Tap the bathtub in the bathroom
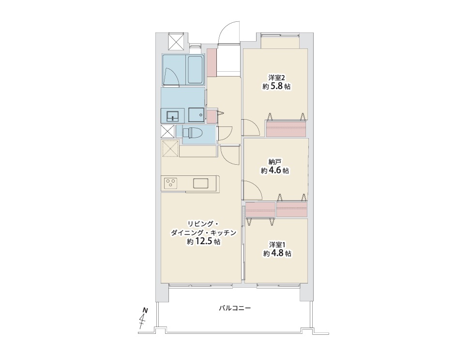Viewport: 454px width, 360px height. point(196,70)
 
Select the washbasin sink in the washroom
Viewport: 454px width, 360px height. point(173,116)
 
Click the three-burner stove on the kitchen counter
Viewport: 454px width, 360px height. point(170,183)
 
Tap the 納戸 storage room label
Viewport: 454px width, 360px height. point(275,162)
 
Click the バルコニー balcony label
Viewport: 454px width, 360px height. point(235,308)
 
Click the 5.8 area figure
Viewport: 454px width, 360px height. point(276,86)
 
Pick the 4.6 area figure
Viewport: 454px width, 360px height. point(275,170)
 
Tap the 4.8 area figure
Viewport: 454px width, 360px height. point(277,253)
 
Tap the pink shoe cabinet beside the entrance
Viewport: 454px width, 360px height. point(212,63)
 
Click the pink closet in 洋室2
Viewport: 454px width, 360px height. point(286,129)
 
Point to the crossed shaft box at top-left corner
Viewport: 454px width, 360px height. point(176,42)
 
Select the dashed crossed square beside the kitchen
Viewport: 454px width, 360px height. point(170,149)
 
